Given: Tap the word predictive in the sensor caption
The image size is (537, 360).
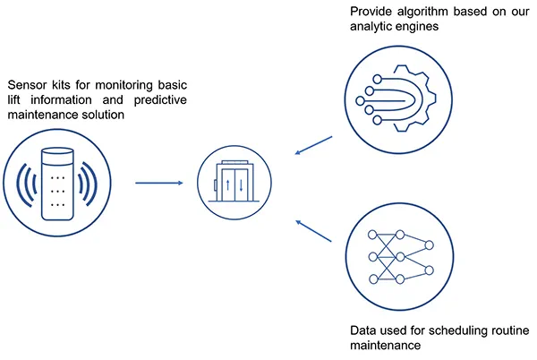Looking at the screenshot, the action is click(160, 100).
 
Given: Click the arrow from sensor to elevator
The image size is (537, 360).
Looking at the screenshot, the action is click(159, 183).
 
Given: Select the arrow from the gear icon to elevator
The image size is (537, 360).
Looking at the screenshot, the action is click(313, 146).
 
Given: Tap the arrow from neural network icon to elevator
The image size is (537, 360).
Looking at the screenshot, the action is click(313, 231).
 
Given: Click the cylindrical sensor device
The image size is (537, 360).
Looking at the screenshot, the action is click(57, 184).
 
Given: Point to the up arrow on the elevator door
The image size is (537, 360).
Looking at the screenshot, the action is click(228, 185).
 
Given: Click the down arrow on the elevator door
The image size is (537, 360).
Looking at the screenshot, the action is click(241, 185).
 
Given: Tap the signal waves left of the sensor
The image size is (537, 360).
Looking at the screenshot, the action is click(26, 184).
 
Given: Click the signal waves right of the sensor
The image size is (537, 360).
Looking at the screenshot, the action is click(88, 184).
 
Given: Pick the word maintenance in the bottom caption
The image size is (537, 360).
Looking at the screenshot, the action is click(385, 346).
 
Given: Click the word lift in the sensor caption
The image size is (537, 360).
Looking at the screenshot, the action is click(13, 100).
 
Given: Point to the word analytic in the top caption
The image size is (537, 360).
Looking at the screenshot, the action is click(369, 27).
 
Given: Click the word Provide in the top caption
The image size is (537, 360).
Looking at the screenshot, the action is click(371, 12).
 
